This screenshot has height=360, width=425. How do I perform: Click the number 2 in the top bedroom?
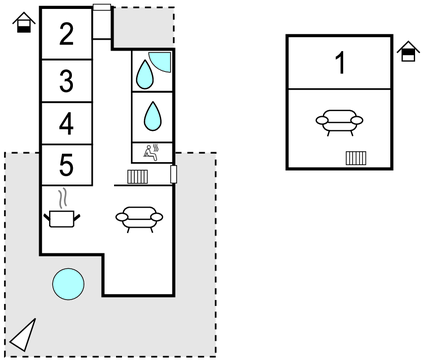click(66, 35)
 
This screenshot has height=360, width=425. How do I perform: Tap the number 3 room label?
click(66, 81)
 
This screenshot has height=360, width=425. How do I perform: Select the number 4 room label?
click(66, 124)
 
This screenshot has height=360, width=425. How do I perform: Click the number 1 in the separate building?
click(340, 63)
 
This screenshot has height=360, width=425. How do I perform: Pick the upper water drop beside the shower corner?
click(146, 72)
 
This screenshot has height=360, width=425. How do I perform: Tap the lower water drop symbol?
click(153, 116)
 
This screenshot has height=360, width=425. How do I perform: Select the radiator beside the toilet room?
click(138, 177)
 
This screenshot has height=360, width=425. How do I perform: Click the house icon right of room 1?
click(407, 51)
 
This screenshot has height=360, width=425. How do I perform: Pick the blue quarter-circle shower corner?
click(163, 60)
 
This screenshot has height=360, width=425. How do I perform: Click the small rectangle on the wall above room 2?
click(101, 8)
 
